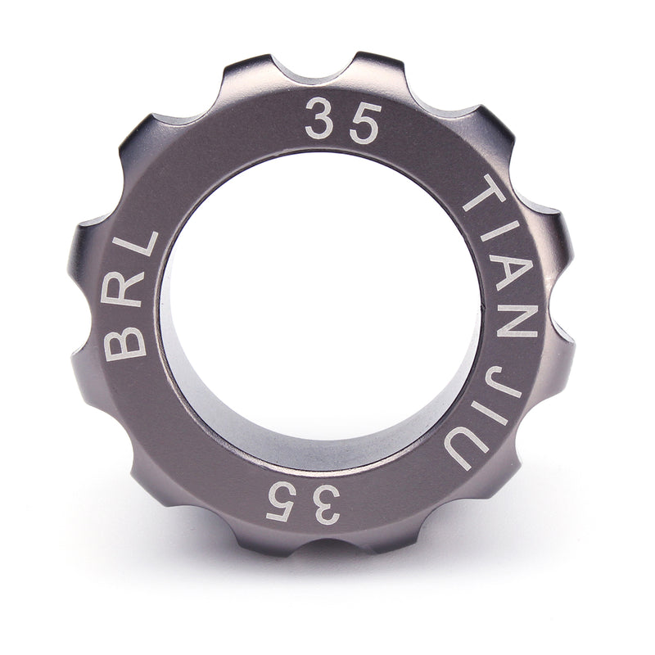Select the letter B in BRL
pos(125,344)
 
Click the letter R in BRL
pos(124,293)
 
